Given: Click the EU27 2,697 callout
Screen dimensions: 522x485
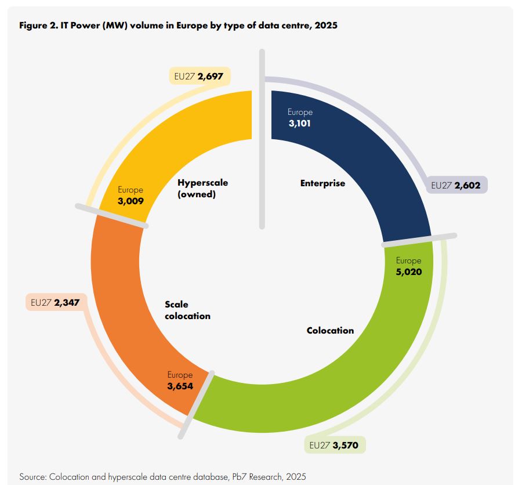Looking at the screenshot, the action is coord(200,76).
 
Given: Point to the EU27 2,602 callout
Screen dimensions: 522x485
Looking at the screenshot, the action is coord(456,185).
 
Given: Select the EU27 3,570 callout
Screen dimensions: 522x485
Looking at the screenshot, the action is coord(335,445).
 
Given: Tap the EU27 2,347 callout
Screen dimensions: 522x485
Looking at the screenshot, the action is coord(56,302).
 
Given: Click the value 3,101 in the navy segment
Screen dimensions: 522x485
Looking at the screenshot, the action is coord(300,123).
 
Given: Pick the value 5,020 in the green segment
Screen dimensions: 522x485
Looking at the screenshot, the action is coord(409,272).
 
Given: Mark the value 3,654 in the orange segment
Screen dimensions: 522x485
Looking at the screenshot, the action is coord(180,386).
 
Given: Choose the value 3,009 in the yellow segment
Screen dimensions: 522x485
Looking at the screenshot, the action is coord(130,201).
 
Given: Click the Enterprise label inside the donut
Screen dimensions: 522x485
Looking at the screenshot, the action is coord(322,183).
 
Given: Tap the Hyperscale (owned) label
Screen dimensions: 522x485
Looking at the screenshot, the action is coord(203,188).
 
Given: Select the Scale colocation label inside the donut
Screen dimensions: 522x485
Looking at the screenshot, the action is coord(187,310).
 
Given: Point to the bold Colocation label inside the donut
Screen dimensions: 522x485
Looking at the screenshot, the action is coord(330,331).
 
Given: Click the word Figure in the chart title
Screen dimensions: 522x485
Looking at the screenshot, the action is coord(33,26).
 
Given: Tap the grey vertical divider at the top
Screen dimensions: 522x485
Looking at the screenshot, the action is coord(262,139).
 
